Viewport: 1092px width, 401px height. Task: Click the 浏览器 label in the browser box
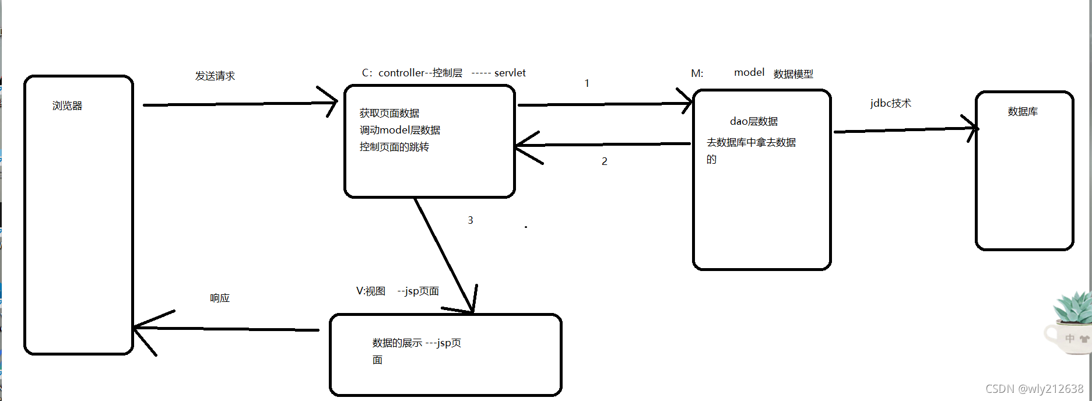67,106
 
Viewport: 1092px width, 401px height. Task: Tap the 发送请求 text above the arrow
215,76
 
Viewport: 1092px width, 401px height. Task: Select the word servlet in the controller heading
510,73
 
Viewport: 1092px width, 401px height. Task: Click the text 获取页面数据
389,113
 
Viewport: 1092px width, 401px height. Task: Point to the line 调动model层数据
399,130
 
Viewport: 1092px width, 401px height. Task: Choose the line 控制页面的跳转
394,147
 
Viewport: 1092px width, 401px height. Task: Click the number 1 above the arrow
587,83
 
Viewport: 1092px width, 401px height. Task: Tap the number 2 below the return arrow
605,161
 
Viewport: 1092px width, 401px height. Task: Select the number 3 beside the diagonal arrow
470,220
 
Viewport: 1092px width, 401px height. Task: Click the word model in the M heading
749,72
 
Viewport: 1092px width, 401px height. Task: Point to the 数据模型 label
793,74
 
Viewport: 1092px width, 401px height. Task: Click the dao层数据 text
753,121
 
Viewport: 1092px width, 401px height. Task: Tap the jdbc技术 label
890,103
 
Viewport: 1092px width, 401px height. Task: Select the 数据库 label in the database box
1023,111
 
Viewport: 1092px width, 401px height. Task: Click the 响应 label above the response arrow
220,298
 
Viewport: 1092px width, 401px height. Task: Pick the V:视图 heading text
371,291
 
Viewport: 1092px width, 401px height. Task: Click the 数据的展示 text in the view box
397,343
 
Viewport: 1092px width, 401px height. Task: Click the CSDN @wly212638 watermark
1034,389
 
